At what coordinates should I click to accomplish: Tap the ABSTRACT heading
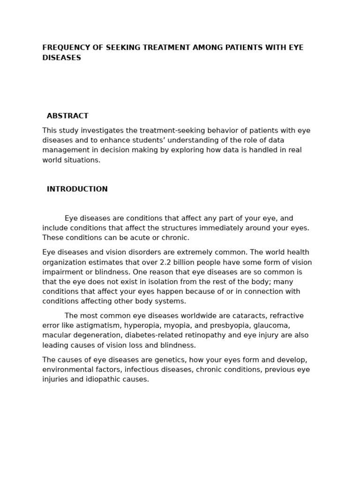coord(67,116)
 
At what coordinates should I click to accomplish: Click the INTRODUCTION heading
coord(77,189)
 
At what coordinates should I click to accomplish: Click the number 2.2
coord(165,262)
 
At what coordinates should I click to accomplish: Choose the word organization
coord(64,262)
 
